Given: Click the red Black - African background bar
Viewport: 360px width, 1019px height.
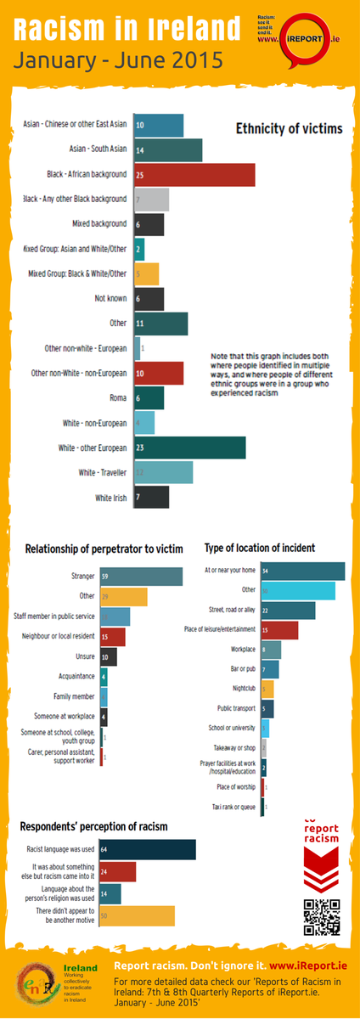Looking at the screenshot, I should (x=194, y=174).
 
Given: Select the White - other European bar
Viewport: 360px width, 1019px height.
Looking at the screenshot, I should (x=189, y=448).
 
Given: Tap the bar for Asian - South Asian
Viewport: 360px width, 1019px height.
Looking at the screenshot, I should (x=168, y=149).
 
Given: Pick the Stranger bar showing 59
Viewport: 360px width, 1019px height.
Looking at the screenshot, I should (x=141, y=577).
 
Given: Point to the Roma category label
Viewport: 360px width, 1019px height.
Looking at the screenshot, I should (x=119, y=398).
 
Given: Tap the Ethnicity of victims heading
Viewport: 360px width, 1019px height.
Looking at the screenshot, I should (x=289, y=129).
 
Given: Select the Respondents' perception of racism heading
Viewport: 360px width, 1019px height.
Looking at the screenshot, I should (x=93, y=825).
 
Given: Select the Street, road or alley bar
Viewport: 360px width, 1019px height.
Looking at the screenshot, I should (x=288, y=610).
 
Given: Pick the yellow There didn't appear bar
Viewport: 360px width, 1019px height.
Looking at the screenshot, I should (x=137, y=915).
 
